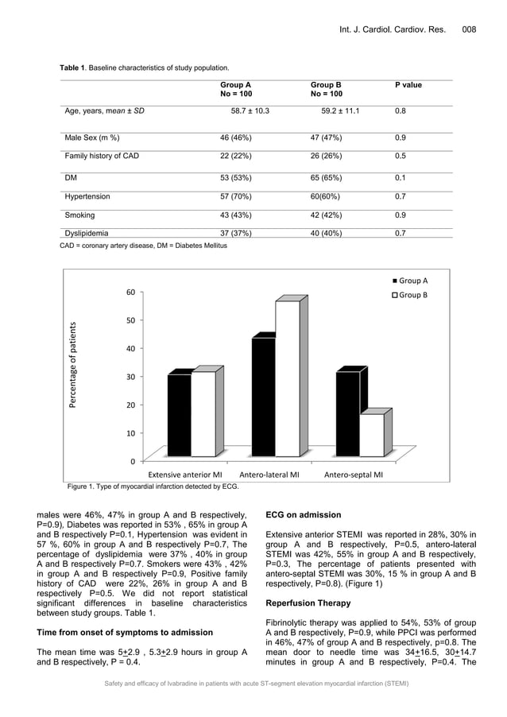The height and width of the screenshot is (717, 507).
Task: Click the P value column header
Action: [408, 85]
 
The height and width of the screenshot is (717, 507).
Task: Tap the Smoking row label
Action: [79, 215]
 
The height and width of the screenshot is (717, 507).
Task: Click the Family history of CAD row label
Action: [102, 156]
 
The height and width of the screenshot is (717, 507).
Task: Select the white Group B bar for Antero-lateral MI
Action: [287, 379]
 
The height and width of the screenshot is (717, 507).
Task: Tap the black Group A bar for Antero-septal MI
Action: [347, 414]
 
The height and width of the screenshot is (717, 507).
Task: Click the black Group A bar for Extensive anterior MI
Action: [180, 415]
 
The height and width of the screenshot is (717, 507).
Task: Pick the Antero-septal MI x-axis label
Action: [353, 475]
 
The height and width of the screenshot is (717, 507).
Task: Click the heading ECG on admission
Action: [304, 514]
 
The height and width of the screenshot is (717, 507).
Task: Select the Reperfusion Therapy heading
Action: [308, 603]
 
